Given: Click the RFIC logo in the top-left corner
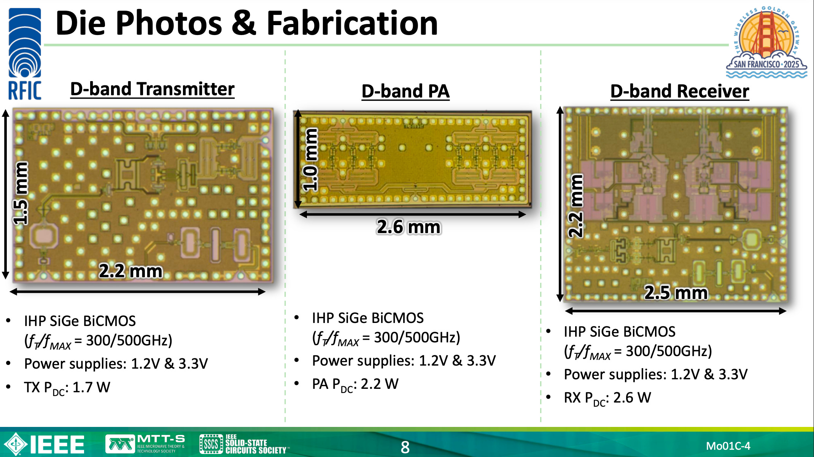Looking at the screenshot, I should tap(25, 53).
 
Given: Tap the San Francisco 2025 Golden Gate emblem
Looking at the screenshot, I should tap(766, 42).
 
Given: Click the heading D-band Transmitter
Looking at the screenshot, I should tap(152, 89).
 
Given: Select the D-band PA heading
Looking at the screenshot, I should tap(405, 91).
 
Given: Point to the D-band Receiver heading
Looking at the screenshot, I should tap(680, 91).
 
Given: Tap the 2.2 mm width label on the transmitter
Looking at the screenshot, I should tap(130, 271).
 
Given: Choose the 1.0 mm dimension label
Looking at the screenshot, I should tap(310, 160).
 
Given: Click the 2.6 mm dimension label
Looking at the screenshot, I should tap(409, 227).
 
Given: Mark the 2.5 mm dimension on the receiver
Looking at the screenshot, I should tap(676, 293).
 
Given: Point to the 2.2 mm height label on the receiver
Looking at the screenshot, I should tap(575, 206).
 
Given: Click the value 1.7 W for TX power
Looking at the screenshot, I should tap(91, 387).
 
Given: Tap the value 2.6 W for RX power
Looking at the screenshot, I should tap(632, 398).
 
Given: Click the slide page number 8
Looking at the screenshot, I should tap(405, 447).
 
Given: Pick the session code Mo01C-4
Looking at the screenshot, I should tap(728, 446).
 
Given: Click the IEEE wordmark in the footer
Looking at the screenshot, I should tap(57, 444).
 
